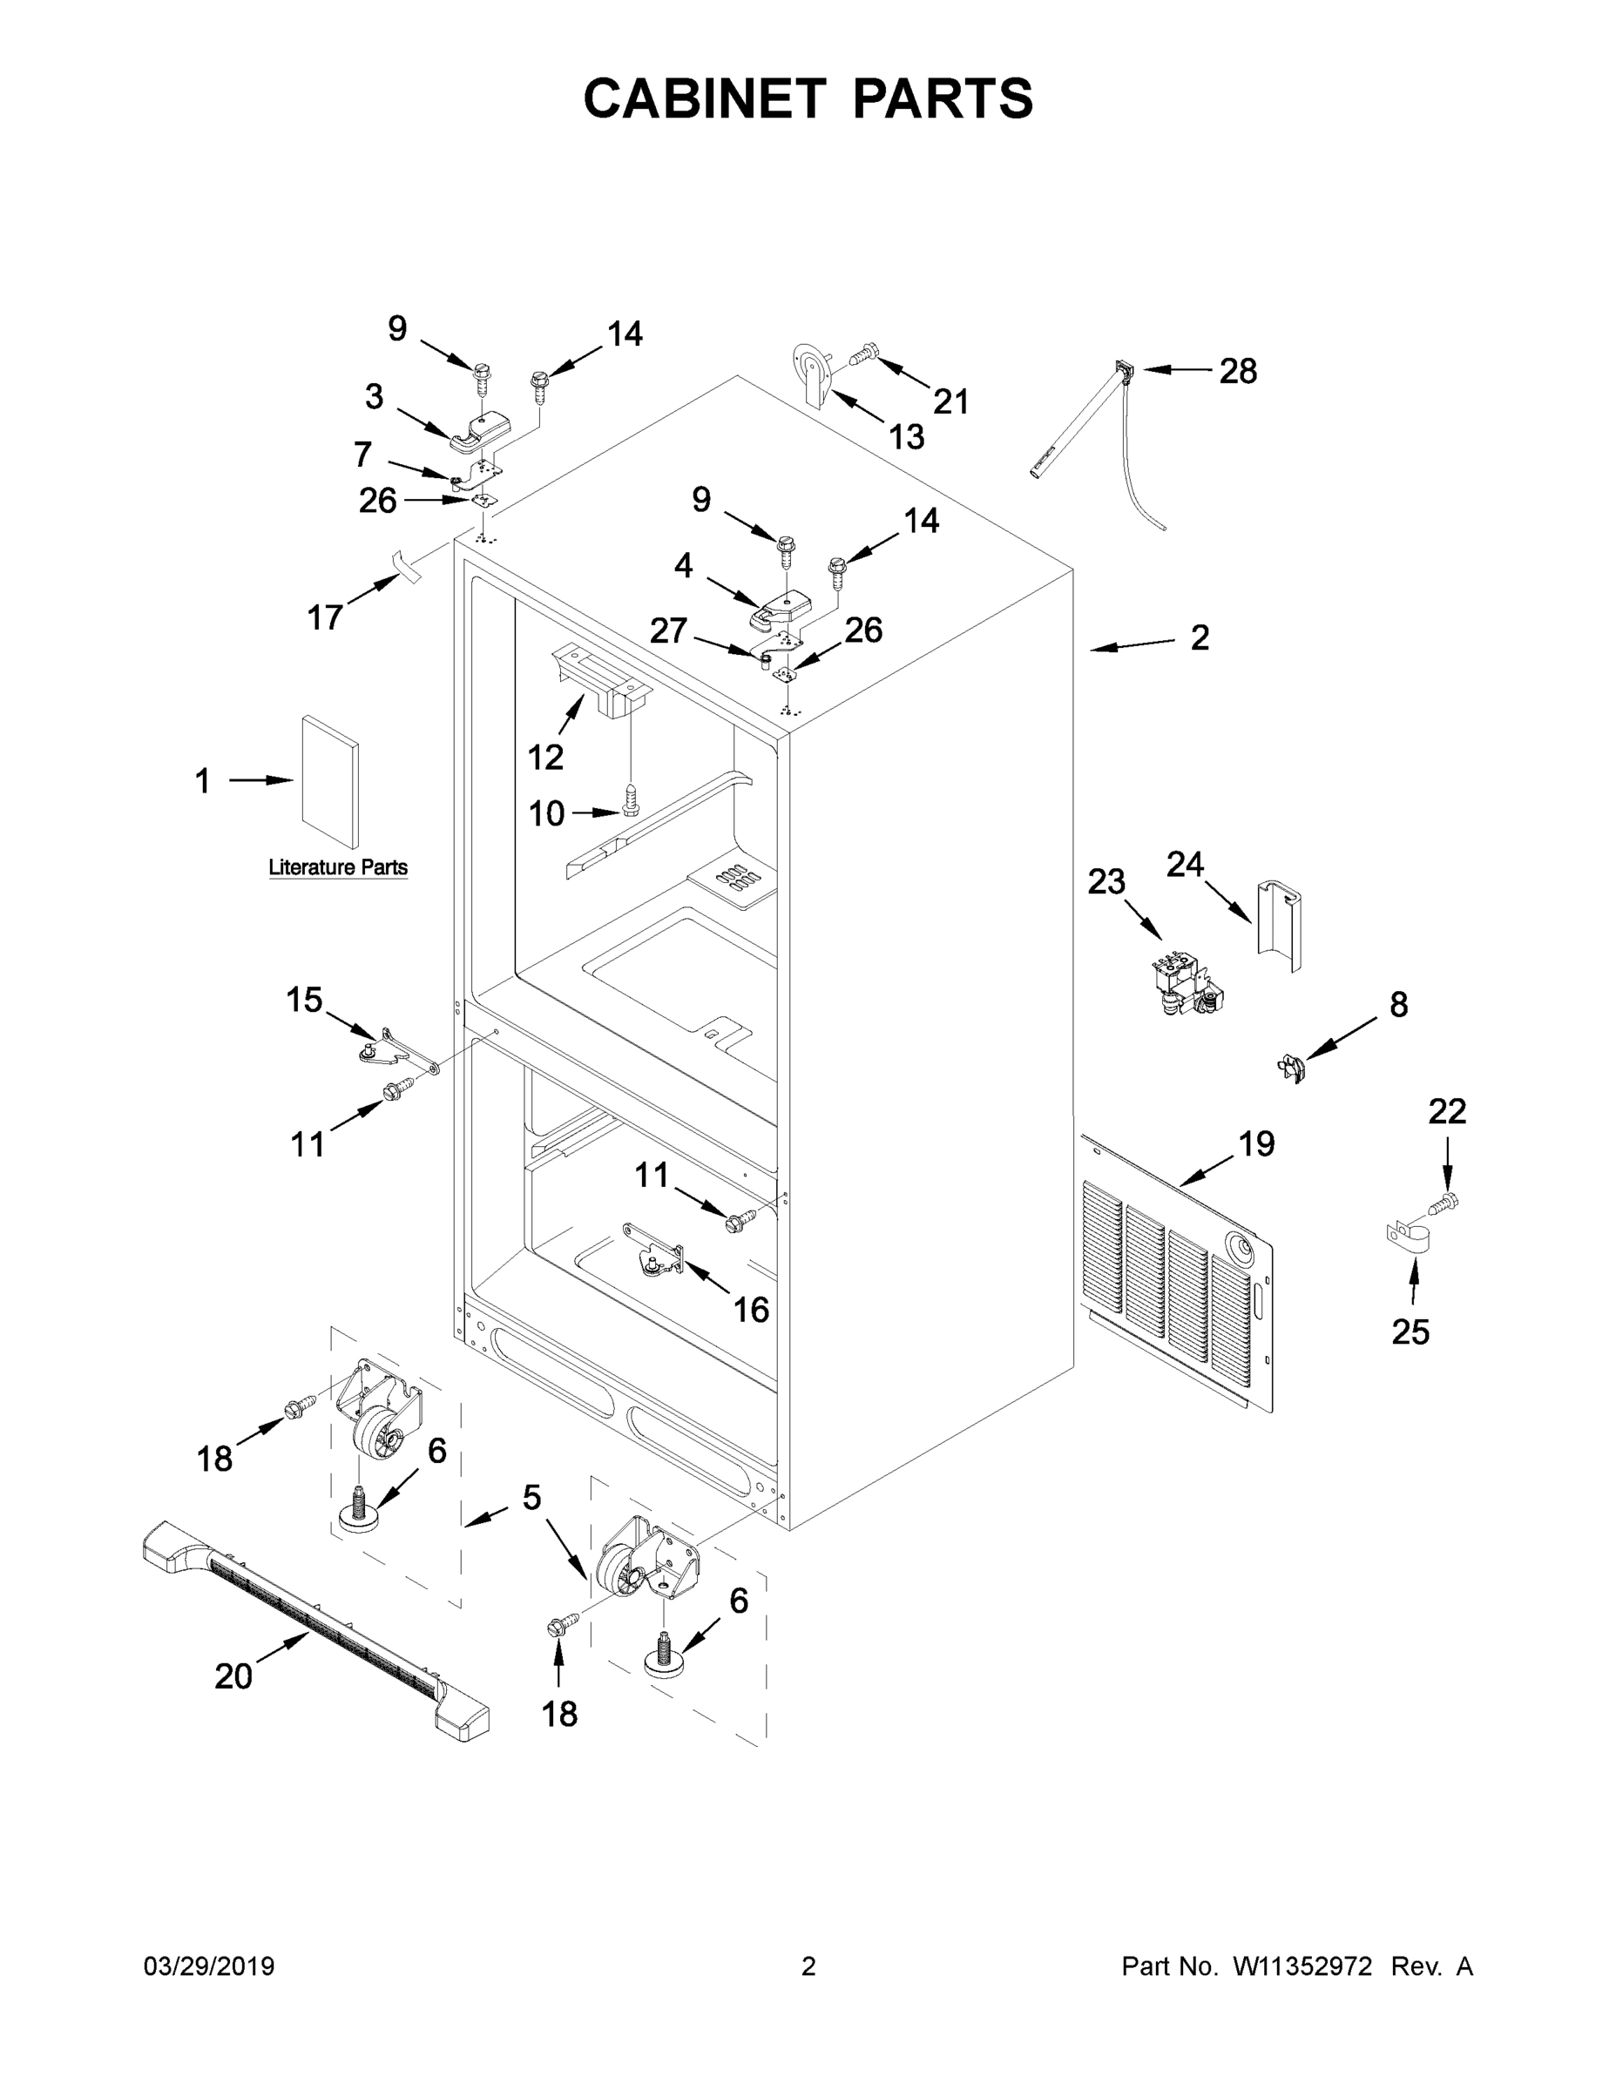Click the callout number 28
tap(1237, 371)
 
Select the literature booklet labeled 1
tap(331, 781)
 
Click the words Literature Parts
tap(338, 867)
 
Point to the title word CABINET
tap(705, 98)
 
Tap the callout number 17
tap(325, 617)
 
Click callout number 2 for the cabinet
tap(1200, 637)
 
